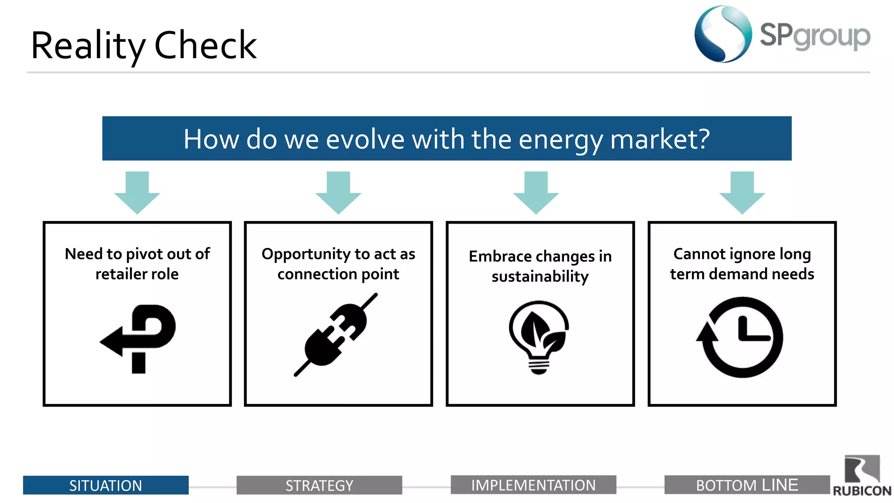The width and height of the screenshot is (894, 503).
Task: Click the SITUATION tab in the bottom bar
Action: (106, 485)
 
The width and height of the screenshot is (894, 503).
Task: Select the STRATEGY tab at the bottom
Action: (319, 485)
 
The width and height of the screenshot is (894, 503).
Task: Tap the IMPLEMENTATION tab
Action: (533, 485)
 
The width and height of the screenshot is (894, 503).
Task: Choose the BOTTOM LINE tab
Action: (746, 485)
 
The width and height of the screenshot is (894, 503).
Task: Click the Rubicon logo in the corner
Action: (862, 476)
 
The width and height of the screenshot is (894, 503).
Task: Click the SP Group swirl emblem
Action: (723, 34)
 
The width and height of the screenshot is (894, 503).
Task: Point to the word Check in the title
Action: (205, 45)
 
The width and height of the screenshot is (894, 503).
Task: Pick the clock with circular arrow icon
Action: (741, 337)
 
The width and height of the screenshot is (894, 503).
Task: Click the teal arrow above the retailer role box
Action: (137, 192)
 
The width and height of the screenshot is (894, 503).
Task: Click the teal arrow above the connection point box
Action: (338, 192)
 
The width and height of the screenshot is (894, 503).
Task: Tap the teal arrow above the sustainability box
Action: (536, 192)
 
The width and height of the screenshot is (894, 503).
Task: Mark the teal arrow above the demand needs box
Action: (742, 192)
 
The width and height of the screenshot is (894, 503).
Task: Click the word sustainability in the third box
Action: (540, 276)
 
